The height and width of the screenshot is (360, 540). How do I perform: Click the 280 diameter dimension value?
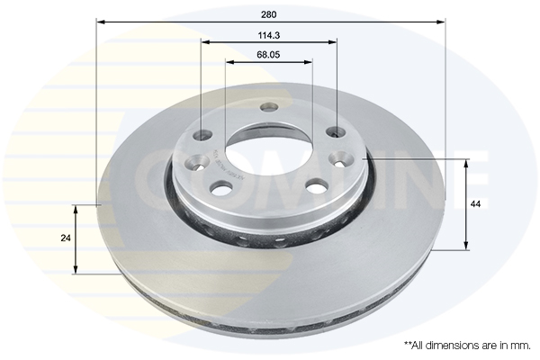pos(270,13)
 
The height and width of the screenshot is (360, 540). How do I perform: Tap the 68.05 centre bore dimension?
pos(268,55)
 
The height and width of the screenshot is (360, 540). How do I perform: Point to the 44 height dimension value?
pos(475,205)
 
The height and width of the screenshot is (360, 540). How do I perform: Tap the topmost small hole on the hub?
pos(268,108)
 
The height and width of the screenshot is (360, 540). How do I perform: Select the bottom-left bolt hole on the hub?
pos(220,187)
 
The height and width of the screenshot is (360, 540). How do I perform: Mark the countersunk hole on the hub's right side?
pos(341,159)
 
